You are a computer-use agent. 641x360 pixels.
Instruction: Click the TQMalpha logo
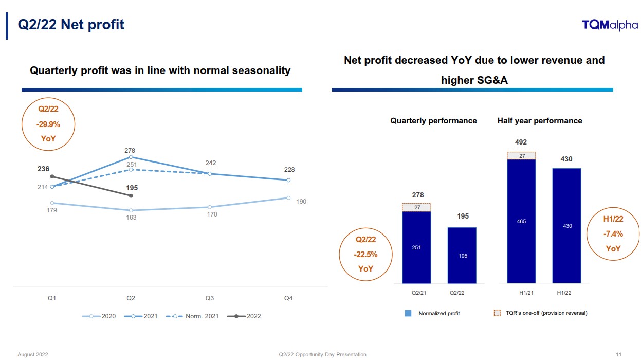click(610, 25)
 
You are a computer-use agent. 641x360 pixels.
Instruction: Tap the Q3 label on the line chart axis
click(210, 298)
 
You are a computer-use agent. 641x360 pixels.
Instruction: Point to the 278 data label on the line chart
click(131, 151)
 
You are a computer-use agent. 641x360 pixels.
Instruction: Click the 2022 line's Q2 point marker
click(131, 196)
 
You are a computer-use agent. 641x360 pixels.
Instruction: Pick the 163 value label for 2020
click(131, 218)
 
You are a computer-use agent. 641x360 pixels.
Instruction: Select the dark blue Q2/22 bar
click(462, 255)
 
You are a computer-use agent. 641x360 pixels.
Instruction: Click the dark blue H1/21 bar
click(521, 221)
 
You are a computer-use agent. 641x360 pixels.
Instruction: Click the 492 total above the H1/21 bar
click(521, 142)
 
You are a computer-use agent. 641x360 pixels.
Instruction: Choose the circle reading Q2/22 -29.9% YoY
click(49, 124)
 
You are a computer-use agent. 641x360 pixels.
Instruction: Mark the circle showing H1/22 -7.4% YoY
click(613, 234)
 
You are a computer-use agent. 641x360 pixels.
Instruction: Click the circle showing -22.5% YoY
click(366, 254)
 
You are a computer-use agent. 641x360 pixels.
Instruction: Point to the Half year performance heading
click(540, 121)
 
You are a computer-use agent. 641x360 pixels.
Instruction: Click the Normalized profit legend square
click(408, 313)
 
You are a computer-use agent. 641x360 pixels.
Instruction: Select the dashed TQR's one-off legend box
click(497, 313)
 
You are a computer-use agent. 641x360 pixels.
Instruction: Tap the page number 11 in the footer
click(619, 354)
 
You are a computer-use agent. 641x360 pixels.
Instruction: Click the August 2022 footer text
click(33, 354)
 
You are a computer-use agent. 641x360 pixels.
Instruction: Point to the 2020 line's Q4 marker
click(288, 198)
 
